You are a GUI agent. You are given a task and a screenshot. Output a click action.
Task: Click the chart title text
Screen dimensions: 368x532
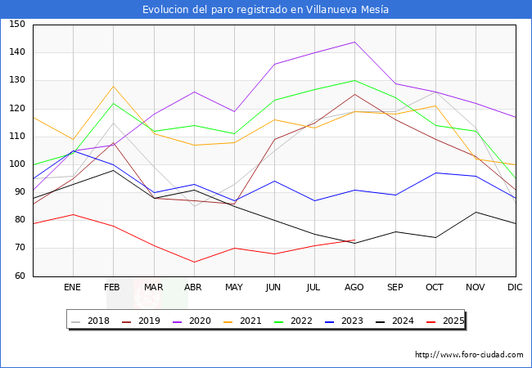coord(265,10)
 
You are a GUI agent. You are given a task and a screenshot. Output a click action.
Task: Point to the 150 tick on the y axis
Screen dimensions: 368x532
coord(17,25)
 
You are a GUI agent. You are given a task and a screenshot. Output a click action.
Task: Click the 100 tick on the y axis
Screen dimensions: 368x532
coord(17,164)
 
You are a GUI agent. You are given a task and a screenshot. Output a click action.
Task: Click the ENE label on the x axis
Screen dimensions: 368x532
coord(73,288)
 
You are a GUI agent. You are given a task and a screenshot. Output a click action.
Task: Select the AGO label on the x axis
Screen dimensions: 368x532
coord(354,288)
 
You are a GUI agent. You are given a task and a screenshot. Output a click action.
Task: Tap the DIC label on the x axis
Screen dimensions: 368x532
coord(515,288)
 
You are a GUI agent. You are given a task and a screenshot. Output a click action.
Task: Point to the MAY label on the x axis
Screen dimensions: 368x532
coord(233,288)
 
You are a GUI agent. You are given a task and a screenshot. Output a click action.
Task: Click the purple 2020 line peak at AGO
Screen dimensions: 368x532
coord(354,42)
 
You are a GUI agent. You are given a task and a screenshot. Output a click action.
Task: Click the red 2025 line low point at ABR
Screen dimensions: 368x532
coord(193,263)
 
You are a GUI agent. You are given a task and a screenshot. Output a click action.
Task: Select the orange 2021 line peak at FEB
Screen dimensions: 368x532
coord(113,86)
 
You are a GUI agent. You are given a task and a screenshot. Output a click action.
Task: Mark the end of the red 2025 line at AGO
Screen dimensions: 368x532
coord(354,240)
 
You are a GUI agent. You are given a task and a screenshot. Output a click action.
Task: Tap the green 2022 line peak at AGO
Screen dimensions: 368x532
coord(354,80)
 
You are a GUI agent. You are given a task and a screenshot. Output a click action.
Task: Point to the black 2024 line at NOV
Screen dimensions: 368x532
coord(475,212)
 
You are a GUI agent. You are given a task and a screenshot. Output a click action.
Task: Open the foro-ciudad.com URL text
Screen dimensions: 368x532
coord(469,355)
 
